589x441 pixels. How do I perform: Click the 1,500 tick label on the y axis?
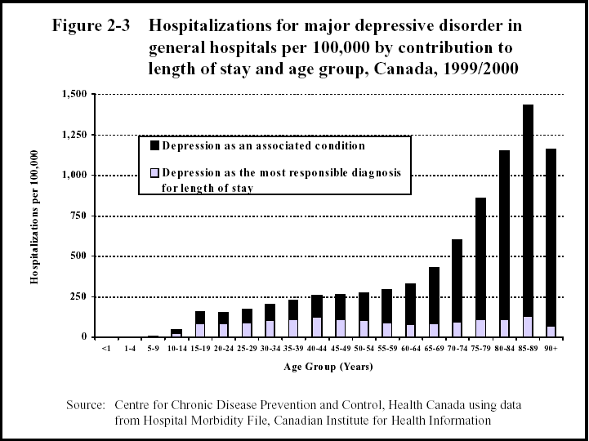[x=73, y=95]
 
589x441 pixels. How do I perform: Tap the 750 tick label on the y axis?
[x=79, y=216]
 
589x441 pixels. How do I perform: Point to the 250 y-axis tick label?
[x=79, y=296]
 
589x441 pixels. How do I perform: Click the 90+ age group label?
[x=551, y=349]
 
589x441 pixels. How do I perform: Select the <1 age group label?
[x=106, y=349]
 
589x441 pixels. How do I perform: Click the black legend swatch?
[x=154, y=146]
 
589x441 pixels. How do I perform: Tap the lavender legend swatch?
[x=154, y=173]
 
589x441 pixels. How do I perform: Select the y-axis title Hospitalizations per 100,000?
[x=35, y=216]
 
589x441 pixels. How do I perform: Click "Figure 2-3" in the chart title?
[x=91, y=25]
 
